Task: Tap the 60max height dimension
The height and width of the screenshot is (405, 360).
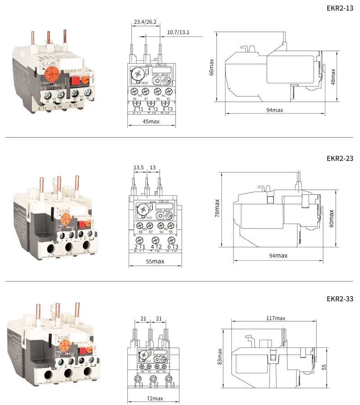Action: (x=332, y=218)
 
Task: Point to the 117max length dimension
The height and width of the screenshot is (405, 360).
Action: (x=275, y=319)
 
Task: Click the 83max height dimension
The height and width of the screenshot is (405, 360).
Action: (x=220, y=356)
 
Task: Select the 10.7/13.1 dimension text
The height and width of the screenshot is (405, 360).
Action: (x=178, y=32)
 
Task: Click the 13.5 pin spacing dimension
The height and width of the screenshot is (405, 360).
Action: (x=139, y=168)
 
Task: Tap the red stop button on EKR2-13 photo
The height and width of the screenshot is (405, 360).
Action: (x=75, y=82)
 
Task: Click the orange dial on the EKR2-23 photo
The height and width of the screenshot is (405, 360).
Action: (x=64, y=219)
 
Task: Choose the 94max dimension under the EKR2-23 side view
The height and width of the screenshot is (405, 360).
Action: (x=278, y=255)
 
